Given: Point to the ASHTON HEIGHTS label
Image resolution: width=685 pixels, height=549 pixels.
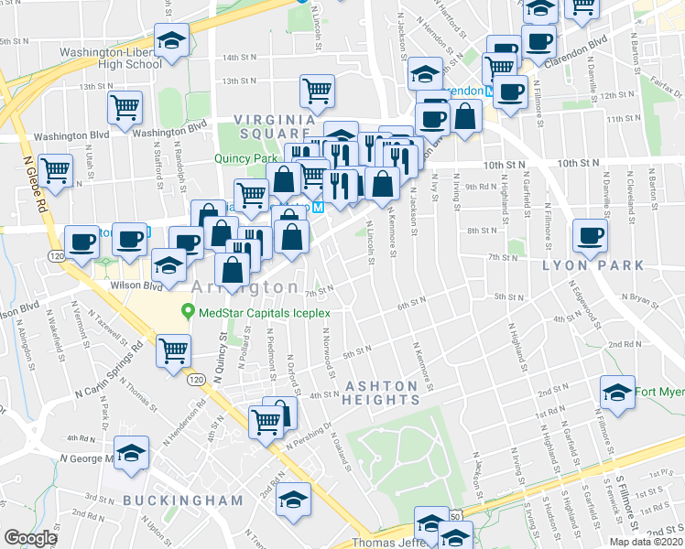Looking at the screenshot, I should click(381, 393).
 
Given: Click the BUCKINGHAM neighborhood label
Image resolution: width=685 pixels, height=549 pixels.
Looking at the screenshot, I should click(183, 501).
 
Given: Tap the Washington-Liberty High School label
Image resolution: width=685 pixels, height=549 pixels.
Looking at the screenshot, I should click(111, 59).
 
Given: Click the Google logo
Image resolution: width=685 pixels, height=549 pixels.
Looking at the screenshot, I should click(30, 538).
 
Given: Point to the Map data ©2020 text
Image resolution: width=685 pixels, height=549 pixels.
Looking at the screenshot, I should click(646, 542).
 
